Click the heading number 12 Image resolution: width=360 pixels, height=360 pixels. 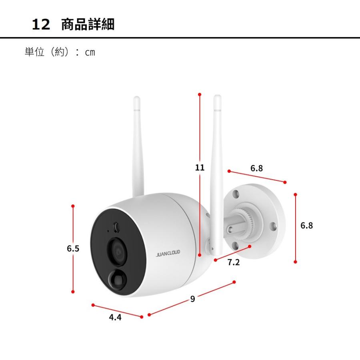[41, 25]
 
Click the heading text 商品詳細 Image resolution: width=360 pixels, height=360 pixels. [88, 24]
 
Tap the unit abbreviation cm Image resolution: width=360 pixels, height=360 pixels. [90, 52]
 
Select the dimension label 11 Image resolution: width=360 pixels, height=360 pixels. [200, 167]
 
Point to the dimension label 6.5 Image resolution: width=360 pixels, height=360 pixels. [73, 249]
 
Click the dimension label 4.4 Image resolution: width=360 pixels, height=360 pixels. [115, 318]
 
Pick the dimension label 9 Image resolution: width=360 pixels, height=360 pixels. [192, 298]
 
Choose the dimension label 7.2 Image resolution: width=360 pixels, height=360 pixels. [233, 263]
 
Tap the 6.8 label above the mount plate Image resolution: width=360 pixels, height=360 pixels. [257, 168]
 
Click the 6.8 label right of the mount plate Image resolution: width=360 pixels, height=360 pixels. [307, 226]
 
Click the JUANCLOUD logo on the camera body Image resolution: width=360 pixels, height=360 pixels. [168, 252]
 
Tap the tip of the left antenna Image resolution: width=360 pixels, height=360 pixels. [137, 98]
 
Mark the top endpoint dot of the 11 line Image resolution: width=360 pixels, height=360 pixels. [200, 94]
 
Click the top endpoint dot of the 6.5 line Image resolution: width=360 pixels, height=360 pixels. [73, 206]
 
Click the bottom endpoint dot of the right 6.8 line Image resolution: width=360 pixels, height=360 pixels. [295, 262]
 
